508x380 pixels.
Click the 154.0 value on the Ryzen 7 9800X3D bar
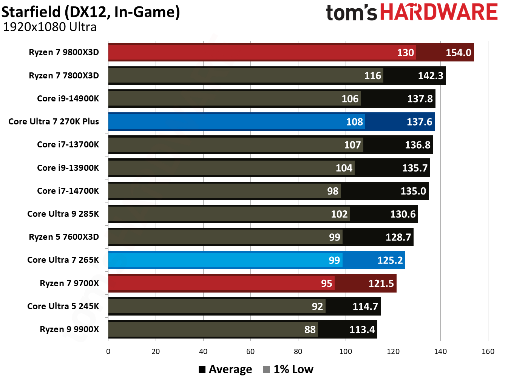(x=458, y=52)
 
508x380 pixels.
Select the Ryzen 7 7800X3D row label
(x=64, y=75)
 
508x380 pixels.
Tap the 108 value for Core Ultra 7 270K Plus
(x=354, y=122)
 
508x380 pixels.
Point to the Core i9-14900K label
(x=68, y=98)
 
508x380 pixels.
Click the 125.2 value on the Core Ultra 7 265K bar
(x=390, y=260)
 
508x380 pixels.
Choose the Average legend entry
(x=225, y=369)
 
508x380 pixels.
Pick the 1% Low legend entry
(x=289, y=369)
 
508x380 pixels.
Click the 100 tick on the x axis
(x=345, y=351)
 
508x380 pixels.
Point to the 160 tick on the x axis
(x=488, y=351)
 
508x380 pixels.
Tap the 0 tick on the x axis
(x=108, y=351)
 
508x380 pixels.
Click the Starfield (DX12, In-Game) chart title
(x=91, y=12)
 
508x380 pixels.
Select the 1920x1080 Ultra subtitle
(x=49, y=27)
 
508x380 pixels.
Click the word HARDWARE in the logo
(x=439, y=12)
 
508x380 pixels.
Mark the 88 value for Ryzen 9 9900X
(x=310, y=329)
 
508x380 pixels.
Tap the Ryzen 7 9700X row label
(x=69, y=283)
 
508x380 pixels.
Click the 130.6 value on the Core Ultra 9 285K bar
(x=403, y=214)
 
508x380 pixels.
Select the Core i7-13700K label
(x=68, y=144)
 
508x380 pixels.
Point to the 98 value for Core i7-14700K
(x=332, y=191)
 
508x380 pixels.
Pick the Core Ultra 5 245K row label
(x=63, y=306)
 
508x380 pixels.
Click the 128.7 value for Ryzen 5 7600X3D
(x=398, y=237)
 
